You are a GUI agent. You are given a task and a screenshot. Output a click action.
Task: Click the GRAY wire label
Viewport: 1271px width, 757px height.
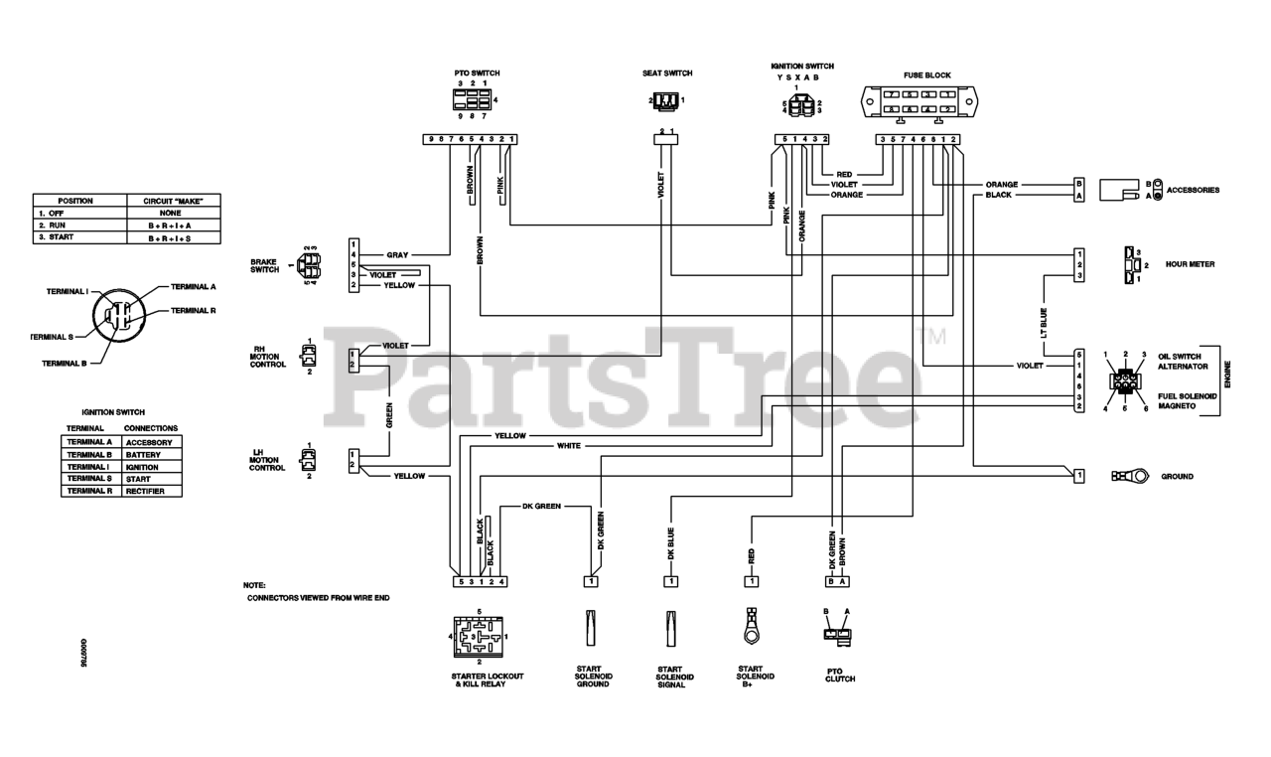[x=397, y=255]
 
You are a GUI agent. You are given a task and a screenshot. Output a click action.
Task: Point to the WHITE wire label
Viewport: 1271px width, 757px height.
[x=568, y=446]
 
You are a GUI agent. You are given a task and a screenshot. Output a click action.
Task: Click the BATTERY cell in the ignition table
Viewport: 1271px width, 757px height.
[x=144, y=454]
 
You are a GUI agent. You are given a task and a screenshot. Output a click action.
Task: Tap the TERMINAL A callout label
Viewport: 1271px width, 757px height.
[x=193, y=286]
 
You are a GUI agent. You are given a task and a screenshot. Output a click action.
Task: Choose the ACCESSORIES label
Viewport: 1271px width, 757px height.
[x=1193, y=190]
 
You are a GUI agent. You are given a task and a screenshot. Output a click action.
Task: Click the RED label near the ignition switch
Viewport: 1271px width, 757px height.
[x=844, y=174]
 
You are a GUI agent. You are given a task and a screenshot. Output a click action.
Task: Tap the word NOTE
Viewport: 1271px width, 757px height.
[x=254, y=586]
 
